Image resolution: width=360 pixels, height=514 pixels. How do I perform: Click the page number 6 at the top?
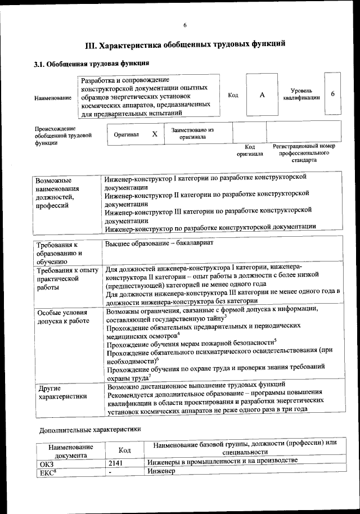pos(184,24)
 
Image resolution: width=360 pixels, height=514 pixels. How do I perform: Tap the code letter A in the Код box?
pos(262,95)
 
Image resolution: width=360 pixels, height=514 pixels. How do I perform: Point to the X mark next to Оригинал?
pos(154,134)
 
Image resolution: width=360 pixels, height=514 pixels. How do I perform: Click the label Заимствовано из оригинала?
pos(192,133)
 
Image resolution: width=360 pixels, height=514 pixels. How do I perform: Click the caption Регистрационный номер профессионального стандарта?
pos(304,152)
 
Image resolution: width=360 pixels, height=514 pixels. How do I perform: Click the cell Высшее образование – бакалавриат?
pos(159,244)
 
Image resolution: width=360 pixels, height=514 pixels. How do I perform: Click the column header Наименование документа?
pos(70,450)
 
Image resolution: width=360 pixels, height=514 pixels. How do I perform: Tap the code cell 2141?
pos(116,463)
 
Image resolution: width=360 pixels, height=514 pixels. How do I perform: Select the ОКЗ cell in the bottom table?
pos(44,463)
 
